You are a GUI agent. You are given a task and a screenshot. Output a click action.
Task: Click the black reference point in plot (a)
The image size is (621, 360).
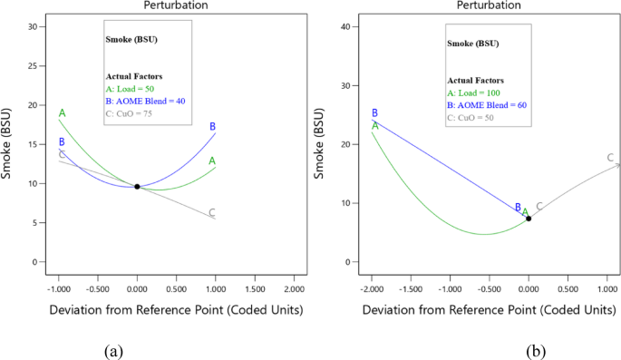137,187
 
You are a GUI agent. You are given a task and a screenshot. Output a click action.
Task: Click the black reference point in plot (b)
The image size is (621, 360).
529,219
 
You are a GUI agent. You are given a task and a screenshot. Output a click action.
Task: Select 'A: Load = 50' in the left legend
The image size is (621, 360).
131,90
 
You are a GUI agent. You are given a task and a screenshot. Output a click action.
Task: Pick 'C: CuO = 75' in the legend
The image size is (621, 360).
129,114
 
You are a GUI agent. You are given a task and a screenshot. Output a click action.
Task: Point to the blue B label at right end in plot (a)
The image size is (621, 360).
212,127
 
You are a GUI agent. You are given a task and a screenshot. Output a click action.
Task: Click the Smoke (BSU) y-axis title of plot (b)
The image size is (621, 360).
319,145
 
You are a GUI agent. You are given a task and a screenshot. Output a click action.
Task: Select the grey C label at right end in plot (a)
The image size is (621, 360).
212,213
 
